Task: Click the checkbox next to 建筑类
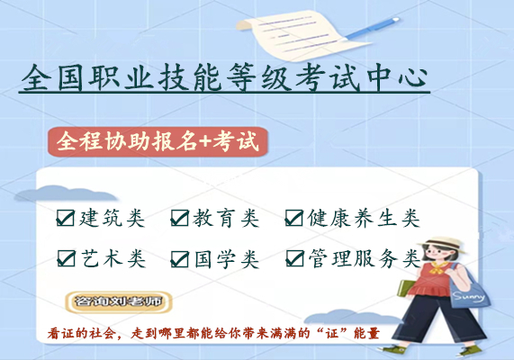pos(66,218)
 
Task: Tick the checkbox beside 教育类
pos(180,218)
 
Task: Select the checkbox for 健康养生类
pos(294,218)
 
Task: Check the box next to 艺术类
pos(66,259)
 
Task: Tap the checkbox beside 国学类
pos(180,259)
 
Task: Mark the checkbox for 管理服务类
pos(294,259)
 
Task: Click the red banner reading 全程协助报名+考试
pos(158,143)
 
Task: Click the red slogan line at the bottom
pos(213,334)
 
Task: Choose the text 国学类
pos(226,259)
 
